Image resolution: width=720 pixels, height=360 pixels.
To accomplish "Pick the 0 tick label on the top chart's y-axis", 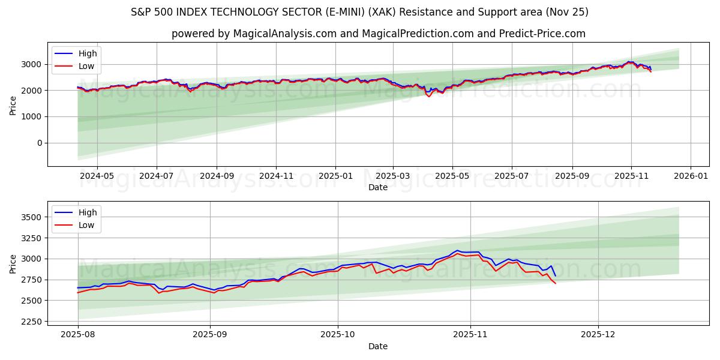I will (x=40, y=143).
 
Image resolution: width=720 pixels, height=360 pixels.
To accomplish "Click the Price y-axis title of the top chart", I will (x=13, y=104).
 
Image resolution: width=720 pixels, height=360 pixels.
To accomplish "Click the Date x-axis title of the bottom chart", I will (x=378, y=346).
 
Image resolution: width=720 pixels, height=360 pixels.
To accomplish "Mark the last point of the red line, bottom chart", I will (x=555, y=283).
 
